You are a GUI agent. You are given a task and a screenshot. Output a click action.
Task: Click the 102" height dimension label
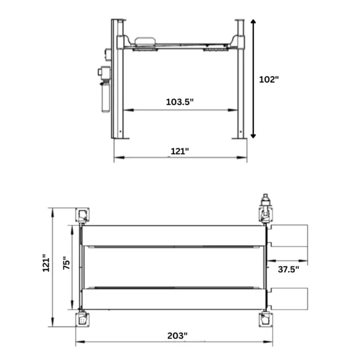(x=269, y=80)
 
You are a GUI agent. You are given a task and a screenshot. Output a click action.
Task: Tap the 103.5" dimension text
(x=180, y=102)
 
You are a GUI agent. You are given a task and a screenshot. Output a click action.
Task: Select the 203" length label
(x=177, y=335)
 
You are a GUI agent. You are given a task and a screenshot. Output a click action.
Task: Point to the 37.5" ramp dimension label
(x=289, y=269)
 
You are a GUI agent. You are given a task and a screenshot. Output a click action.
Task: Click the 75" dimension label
(x=67, y=263)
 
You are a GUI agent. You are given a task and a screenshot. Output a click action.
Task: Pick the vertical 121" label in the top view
(x=46, y=263)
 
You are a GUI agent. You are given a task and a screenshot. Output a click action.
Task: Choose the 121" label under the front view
(x=180, y=151)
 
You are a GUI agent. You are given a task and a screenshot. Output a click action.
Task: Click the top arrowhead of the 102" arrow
(x=253, y=22)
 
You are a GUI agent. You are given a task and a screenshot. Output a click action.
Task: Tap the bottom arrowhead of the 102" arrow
(x=253, y=136)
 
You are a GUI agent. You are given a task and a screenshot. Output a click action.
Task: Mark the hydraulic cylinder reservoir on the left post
(x=106, y=97)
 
